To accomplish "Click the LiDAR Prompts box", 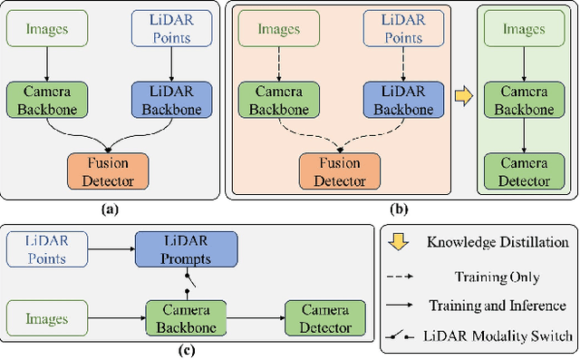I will pos(187,249).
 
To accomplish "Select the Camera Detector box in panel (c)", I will pos(324,317).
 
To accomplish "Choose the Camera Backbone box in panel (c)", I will pos(187,317).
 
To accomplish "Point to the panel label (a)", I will pos(109,209).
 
